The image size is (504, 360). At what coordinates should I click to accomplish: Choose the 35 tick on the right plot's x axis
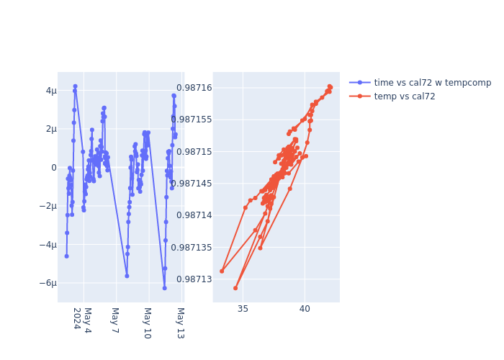tap(243, 309)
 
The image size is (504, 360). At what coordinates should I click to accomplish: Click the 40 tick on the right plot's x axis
tap(305, 309)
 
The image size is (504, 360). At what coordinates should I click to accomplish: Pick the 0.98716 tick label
tap(192, 88)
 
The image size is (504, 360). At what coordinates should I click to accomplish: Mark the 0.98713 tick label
tap(192, 279)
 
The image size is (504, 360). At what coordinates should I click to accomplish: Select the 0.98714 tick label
tap(192, 215)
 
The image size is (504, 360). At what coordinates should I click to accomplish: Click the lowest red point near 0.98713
tap(235, 288)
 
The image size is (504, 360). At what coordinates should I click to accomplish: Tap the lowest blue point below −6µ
tap(164, 288)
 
